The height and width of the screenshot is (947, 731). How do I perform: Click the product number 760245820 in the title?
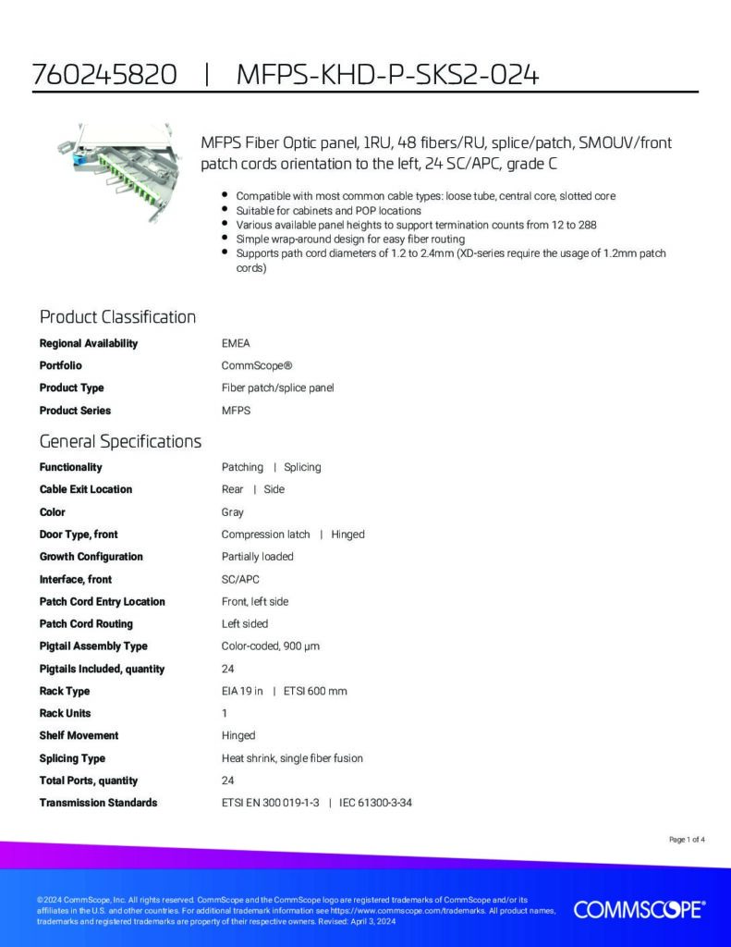pyautogui.click(x=104, y=75)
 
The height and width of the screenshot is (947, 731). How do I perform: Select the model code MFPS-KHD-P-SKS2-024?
pyautogui.click(x=387, y=75)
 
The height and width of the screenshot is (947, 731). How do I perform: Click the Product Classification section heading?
pyautogui.click(x=117, y=317)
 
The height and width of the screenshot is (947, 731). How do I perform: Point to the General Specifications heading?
pyautogui.click(x=120, y=441)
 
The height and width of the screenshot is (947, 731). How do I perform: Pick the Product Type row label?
pyautogui.click(x=71, y=387)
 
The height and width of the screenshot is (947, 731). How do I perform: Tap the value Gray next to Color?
pyautogui.click(x=233, y=511)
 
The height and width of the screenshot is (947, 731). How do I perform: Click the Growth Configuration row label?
pyautogui.click(x=91, y=557)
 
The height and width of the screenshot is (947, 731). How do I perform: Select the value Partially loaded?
pyautogui.click(x=257, y=557)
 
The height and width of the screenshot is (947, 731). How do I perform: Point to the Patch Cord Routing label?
pyautogui.click(x=86, y=623)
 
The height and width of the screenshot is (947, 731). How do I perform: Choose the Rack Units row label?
pyautogui.click(x=65, y=713)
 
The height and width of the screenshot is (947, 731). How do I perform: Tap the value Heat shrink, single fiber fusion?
pyautogui.click(x=292, y=758)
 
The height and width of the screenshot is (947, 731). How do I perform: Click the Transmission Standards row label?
pyautogui.click(x=98, y=803)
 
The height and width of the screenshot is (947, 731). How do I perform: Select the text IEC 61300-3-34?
pyautogui.click(x=375, y=803)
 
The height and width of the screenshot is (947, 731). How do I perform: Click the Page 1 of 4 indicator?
pyautogui.click(x=687, y=840)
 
